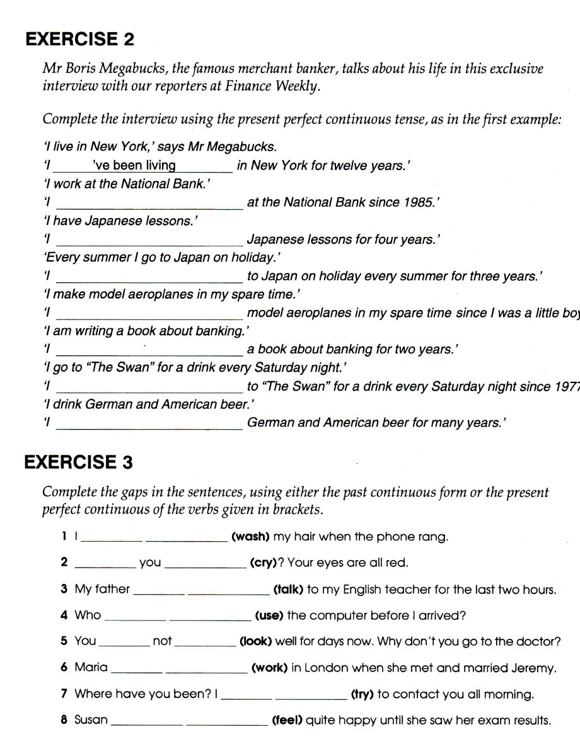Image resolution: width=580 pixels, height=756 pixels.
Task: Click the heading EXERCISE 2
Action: point(79,39)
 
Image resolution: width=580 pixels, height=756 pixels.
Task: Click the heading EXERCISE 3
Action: point(79,462)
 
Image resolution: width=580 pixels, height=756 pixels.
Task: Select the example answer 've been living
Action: point(134,166)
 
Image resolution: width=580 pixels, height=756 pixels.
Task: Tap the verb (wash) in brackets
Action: point(250,537)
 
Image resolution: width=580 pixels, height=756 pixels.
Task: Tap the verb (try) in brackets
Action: point(362,694)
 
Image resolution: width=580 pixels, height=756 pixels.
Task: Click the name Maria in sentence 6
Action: point(91,667)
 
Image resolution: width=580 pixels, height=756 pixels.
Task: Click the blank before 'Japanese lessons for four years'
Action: point(149,239)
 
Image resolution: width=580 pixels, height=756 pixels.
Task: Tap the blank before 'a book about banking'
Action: point(149,350)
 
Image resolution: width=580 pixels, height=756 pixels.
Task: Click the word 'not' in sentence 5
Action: point(162,641)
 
